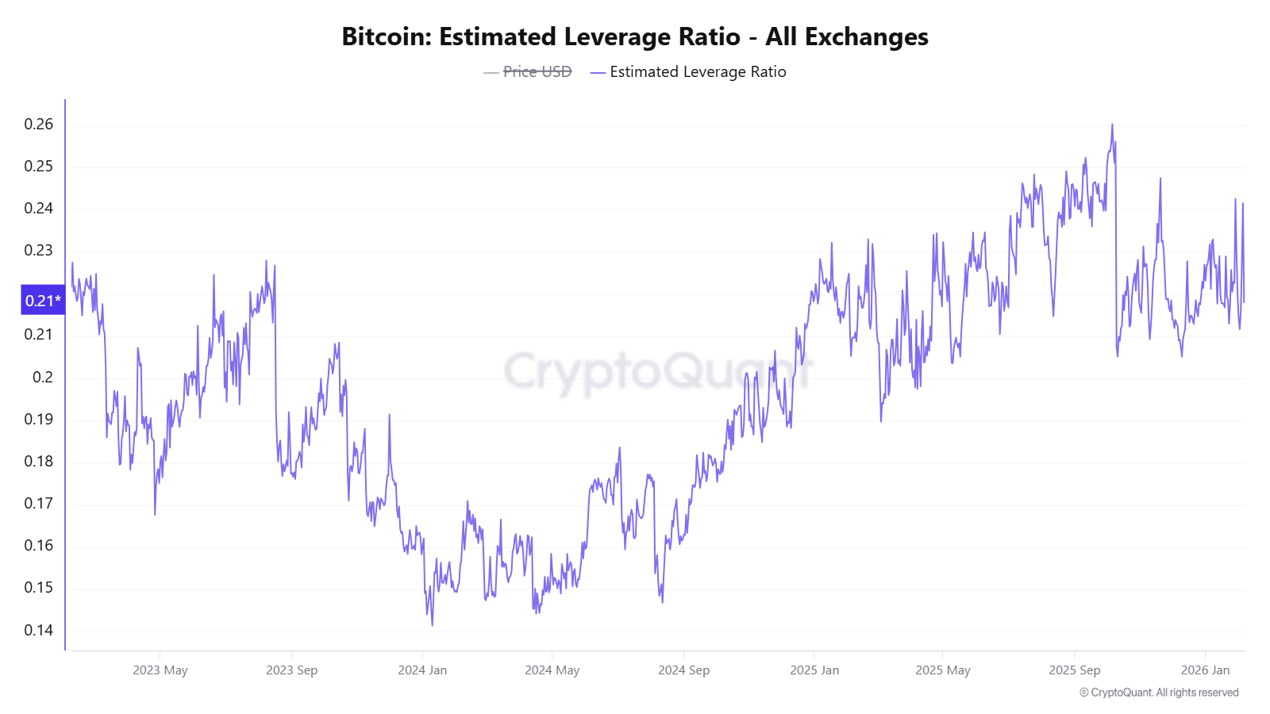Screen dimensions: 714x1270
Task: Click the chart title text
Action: point(635,37)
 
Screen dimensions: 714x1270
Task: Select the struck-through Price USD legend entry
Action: point(537,72)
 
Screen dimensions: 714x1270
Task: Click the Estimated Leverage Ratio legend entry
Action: point(698,72)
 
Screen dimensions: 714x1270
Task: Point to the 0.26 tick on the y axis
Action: point(39,125)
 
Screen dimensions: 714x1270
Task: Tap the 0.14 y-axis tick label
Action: point(39,631)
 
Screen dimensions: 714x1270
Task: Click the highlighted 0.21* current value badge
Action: point(43,301)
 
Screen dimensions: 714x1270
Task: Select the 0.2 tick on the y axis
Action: point(43,378)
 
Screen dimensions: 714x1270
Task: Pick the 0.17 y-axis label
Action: point(39,504)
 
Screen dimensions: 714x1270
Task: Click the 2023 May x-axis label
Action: point(160,670)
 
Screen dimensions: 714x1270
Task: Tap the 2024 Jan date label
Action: point(422,670)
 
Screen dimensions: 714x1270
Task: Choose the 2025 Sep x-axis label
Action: point(1074,670)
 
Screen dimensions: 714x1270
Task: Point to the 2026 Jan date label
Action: point(1205,670)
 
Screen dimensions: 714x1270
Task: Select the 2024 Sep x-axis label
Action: point(683,670)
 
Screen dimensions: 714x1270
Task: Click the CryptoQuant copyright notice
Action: point(1159,693)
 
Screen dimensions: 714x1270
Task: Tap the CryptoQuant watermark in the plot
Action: point(659,371)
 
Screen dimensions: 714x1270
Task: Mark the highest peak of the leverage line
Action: point(1112,125)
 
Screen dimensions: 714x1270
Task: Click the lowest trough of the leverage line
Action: point(433,625)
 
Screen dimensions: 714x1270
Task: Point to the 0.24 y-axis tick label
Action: point(39,209)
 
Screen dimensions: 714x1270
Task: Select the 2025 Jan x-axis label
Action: point(814,670)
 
